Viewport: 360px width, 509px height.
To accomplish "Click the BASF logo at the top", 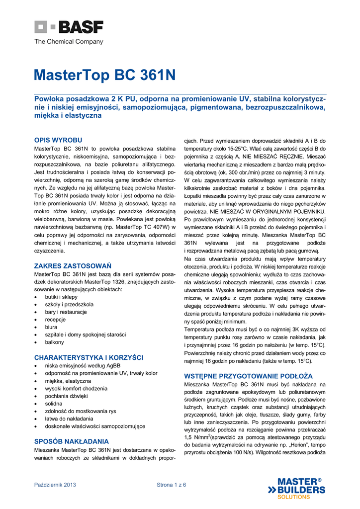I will click(x=69, y=27).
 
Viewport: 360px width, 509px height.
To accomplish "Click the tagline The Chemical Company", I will click(x=69, y=42).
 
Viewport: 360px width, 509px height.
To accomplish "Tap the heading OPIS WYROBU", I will click(x=58, y=140).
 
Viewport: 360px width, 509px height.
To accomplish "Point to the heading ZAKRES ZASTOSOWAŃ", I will click(x=73, y=266).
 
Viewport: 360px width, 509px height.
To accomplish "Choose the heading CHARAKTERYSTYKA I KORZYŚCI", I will click(x=89, y=357).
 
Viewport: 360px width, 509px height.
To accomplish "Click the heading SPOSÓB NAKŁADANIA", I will click(x=71, y=441).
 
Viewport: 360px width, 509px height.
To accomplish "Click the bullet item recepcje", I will click(x=55, y=320).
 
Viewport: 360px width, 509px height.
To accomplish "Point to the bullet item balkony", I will click(x=55, y=342).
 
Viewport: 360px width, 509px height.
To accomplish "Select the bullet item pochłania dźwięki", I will click(x=67, y=396).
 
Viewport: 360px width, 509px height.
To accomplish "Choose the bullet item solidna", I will click(x=54, y=404).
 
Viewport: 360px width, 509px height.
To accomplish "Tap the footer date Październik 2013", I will click(x=55, y=485).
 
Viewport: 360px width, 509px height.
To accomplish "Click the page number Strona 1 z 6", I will click(x=172, y=485).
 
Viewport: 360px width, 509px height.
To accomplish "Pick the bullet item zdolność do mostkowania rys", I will click(x=80, y=411).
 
